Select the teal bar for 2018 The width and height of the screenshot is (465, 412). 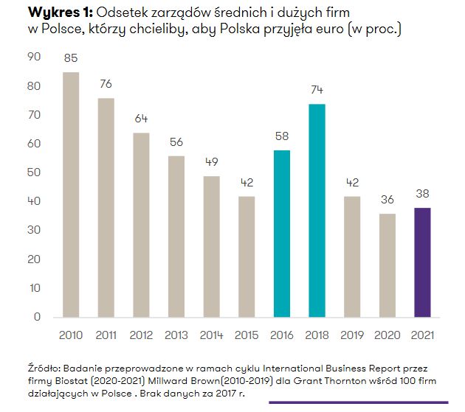[317, 211]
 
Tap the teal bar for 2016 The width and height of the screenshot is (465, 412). [281, 234]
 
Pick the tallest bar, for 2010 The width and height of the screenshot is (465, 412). [71, 195]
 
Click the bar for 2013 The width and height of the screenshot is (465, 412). [176, 237]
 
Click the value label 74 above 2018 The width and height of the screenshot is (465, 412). [317, 91]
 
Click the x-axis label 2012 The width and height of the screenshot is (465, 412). [141, 335]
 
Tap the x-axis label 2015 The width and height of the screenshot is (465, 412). [246, 335]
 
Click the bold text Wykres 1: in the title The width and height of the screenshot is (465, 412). [50, 13]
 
